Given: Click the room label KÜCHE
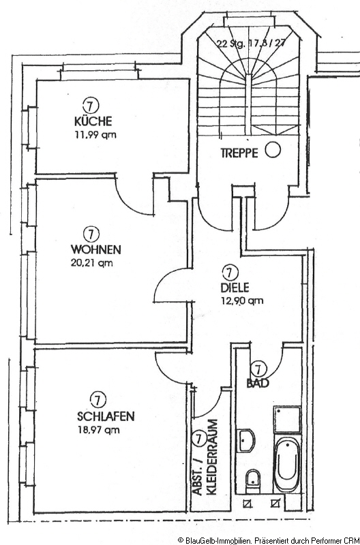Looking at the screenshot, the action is [93, 121].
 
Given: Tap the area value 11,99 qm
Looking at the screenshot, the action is [95, 134].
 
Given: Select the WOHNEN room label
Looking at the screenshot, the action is [96, 249].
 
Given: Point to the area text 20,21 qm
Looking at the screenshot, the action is [92, 263].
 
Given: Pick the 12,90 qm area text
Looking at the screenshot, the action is [242, 300].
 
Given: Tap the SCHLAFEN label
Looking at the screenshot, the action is [106, 416].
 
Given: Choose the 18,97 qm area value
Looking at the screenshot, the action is [98, 430].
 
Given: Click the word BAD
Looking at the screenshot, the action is [258, 383].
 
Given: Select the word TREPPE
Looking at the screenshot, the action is [239, 153].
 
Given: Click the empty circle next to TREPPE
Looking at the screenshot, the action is [273, 151].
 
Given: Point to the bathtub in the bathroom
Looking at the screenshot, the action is [287, 463].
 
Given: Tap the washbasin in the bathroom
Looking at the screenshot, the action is [246, 441].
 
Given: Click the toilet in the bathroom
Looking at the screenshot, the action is [252, 481].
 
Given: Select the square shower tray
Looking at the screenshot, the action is [287, 420].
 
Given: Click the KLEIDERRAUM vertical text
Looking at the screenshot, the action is [211, 456].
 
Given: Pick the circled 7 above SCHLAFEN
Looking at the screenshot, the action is [97, 399].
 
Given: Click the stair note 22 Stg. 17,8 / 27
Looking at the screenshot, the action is [251, 44].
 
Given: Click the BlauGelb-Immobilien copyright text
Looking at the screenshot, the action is [269, 540].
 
